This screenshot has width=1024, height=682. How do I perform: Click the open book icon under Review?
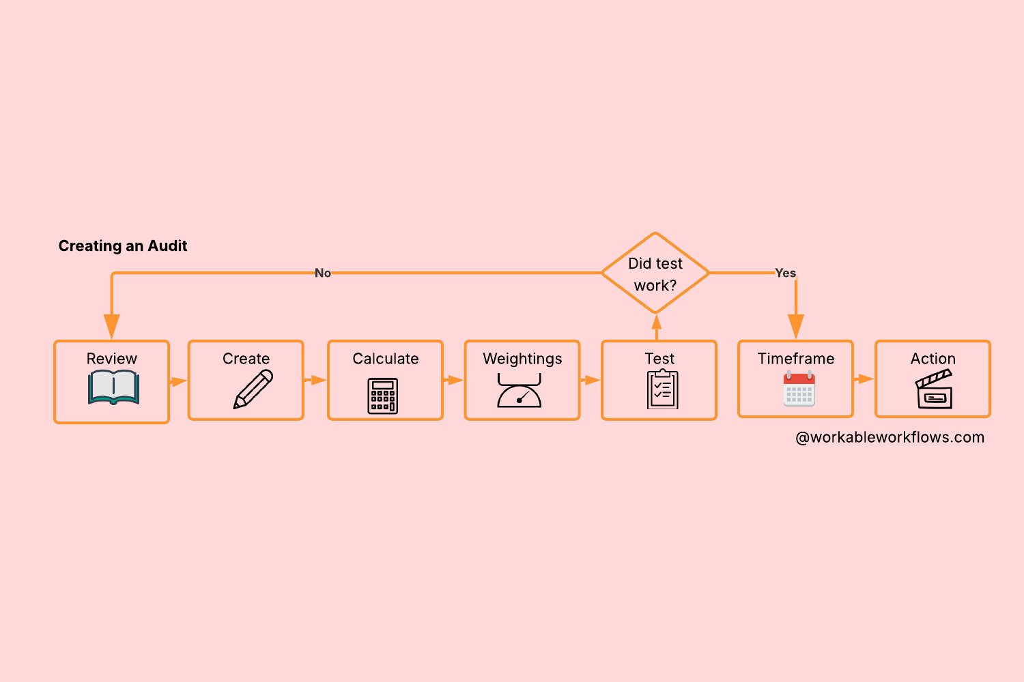coord(113,387)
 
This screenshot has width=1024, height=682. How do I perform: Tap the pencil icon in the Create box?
coord(253,389)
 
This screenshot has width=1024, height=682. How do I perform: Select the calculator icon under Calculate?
coord(383,396)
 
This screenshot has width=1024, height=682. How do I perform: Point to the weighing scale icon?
coord(520,391)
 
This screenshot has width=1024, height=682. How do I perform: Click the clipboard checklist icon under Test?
coord(662,389)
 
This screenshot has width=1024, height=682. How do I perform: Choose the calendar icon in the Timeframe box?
coord(799,389)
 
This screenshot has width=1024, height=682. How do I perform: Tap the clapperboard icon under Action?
coord(933,389)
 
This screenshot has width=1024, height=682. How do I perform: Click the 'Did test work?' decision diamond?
coord(655,273)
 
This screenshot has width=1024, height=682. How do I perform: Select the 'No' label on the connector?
coord(323,273)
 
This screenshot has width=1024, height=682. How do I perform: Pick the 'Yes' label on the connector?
coord(785,273)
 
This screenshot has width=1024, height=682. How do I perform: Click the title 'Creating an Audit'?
coord(123,246)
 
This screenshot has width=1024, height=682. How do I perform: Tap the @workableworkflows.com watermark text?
coord(890,437)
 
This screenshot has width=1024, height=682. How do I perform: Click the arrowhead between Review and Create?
coord(179,381)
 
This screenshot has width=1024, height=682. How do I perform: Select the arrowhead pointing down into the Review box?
coord(112,326)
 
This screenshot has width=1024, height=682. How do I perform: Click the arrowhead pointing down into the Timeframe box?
coord(796,326)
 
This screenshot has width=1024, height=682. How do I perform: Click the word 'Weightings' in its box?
coord(522,359)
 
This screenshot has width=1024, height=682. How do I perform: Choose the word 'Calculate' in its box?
coord(386,359)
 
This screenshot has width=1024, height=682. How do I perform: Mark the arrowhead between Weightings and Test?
coord(592,380)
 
